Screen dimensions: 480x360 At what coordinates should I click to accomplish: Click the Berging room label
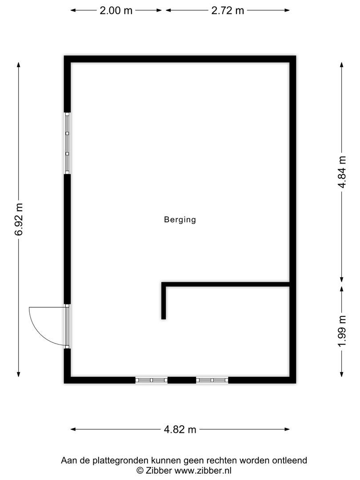click(180, 220)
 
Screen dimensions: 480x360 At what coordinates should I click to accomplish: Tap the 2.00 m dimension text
click(116, 11)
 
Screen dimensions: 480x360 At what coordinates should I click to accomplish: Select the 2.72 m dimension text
click(228, 11)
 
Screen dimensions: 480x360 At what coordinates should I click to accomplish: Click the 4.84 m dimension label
click(342, 172)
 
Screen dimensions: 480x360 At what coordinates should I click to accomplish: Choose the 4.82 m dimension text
click(180, 429)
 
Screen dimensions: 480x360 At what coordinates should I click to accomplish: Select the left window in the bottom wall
click(151, 380)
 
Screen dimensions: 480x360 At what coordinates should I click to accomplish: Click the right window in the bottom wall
click(212, 380)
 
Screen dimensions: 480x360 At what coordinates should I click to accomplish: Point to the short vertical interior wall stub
click(164, 302)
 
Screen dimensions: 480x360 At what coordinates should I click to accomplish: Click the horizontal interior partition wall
click(227, 284)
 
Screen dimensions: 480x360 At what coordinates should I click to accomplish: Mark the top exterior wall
click(180, 59)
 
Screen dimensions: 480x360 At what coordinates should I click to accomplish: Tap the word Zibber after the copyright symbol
click(159, 470)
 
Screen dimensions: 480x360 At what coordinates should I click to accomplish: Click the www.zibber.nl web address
click(203, 470)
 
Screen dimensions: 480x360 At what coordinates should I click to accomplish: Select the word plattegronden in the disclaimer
click(115, 460)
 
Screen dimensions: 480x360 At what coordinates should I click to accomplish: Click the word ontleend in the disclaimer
click(290, 460)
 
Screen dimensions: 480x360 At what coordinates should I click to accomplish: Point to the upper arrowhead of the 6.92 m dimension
click(19, 64)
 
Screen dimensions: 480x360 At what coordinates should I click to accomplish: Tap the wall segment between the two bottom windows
click(182, 380)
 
